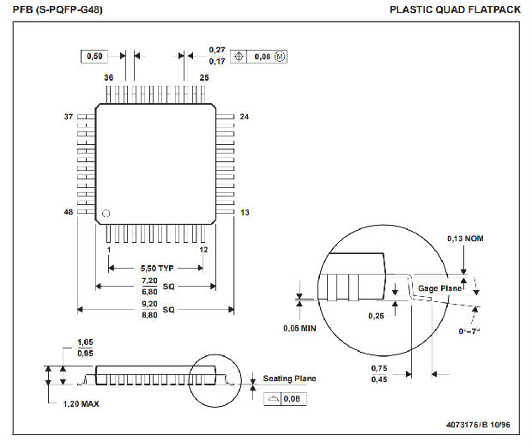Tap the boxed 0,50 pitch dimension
[93, 56]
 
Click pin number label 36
[109, 77]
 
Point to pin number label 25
[204, 77]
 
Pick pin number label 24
[245, 117]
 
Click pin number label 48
[70, 212]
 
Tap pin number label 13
[245, 212]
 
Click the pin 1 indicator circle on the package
[106, 212]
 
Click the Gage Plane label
[439, 288]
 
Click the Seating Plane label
[289, 378]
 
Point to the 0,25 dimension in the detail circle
[375, 317]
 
